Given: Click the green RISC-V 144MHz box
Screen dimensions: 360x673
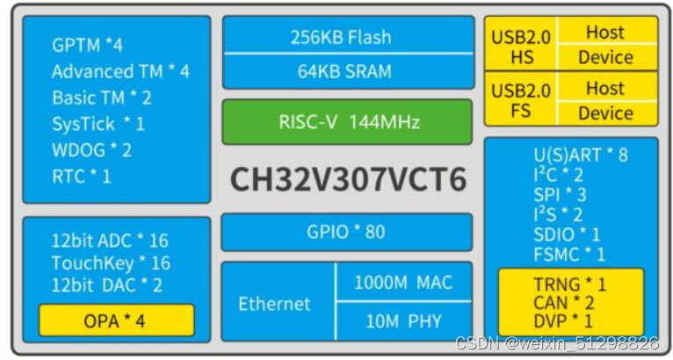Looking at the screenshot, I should [346, 122].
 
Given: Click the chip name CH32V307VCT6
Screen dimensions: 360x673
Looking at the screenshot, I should [348, 179].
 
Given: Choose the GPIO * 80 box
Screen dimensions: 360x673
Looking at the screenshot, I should [346, 232].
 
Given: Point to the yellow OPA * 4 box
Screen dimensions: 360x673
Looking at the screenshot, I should [115, 320].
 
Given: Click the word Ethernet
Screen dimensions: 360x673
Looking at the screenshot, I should [274, 304].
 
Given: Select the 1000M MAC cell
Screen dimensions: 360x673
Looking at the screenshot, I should [403, 282].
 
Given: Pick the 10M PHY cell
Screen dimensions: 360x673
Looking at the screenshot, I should [403, 321].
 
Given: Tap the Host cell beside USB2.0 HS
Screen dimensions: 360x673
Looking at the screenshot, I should [605, 32].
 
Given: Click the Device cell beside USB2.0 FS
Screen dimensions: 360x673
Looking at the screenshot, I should [605, 112].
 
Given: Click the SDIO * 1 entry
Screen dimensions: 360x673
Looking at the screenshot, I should [567, 234].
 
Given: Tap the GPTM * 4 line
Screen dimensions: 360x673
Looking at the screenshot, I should [87, 45].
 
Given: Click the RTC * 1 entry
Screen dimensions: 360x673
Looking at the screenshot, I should [82, 176].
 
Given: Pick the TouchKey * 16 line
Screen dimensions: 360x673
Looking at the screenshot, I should [111, 263].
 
